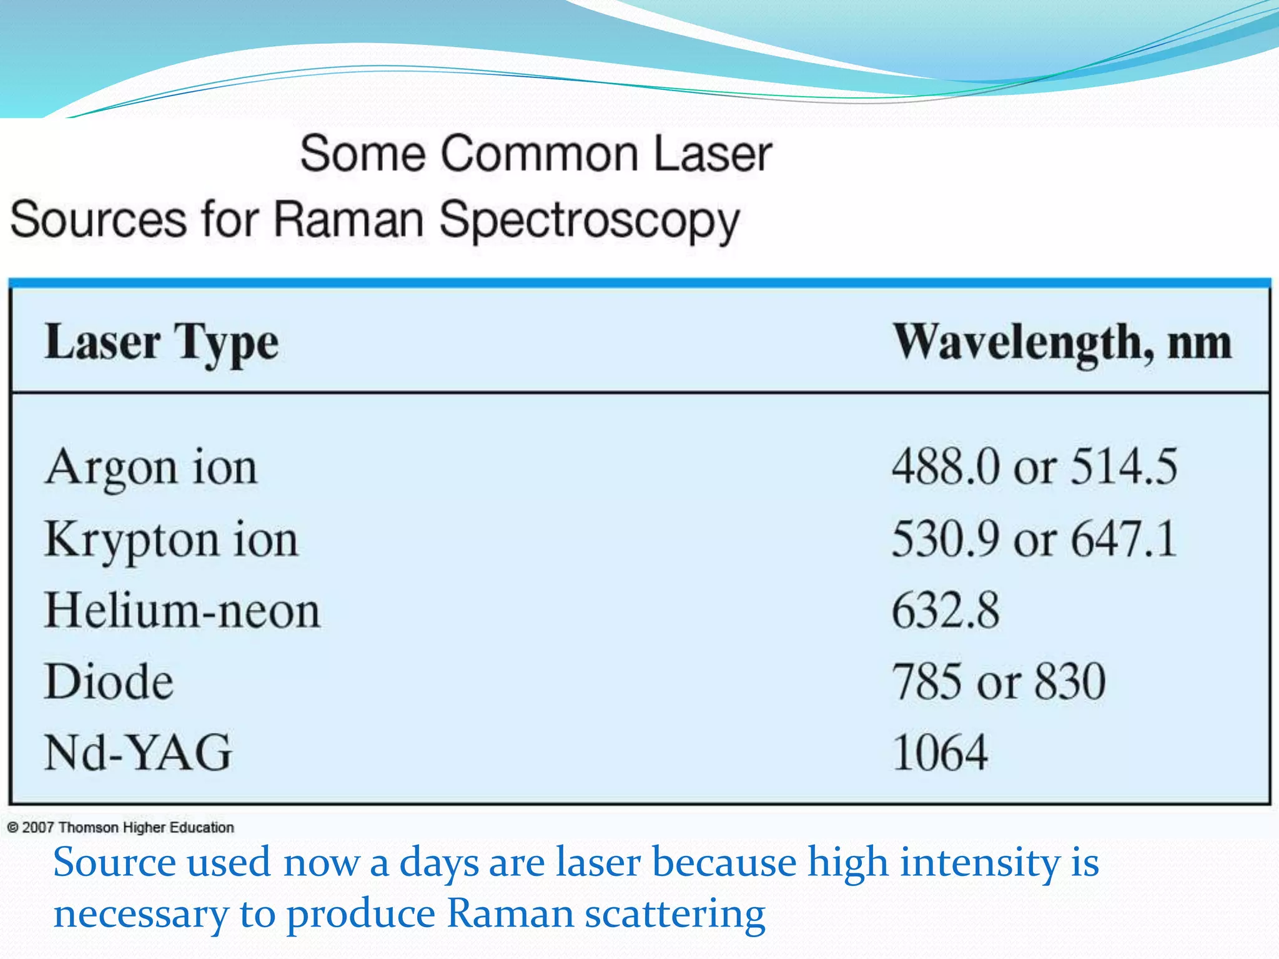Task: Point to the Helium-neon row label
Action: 182,611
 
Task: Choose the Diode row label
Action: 109,681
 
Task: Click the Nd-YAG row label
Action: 138,752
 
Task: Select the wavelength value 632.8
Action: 945,611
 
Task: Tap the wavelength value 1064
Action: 940,752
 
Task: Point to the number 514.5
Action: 1123,467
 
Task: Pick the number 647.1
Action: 1123,539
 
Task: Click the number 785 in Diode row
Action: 927,681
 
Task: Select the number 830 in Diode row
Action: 1070,681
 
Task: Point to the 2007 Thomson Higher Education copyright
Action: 121,828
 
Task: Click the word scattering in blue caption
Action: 674,914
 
